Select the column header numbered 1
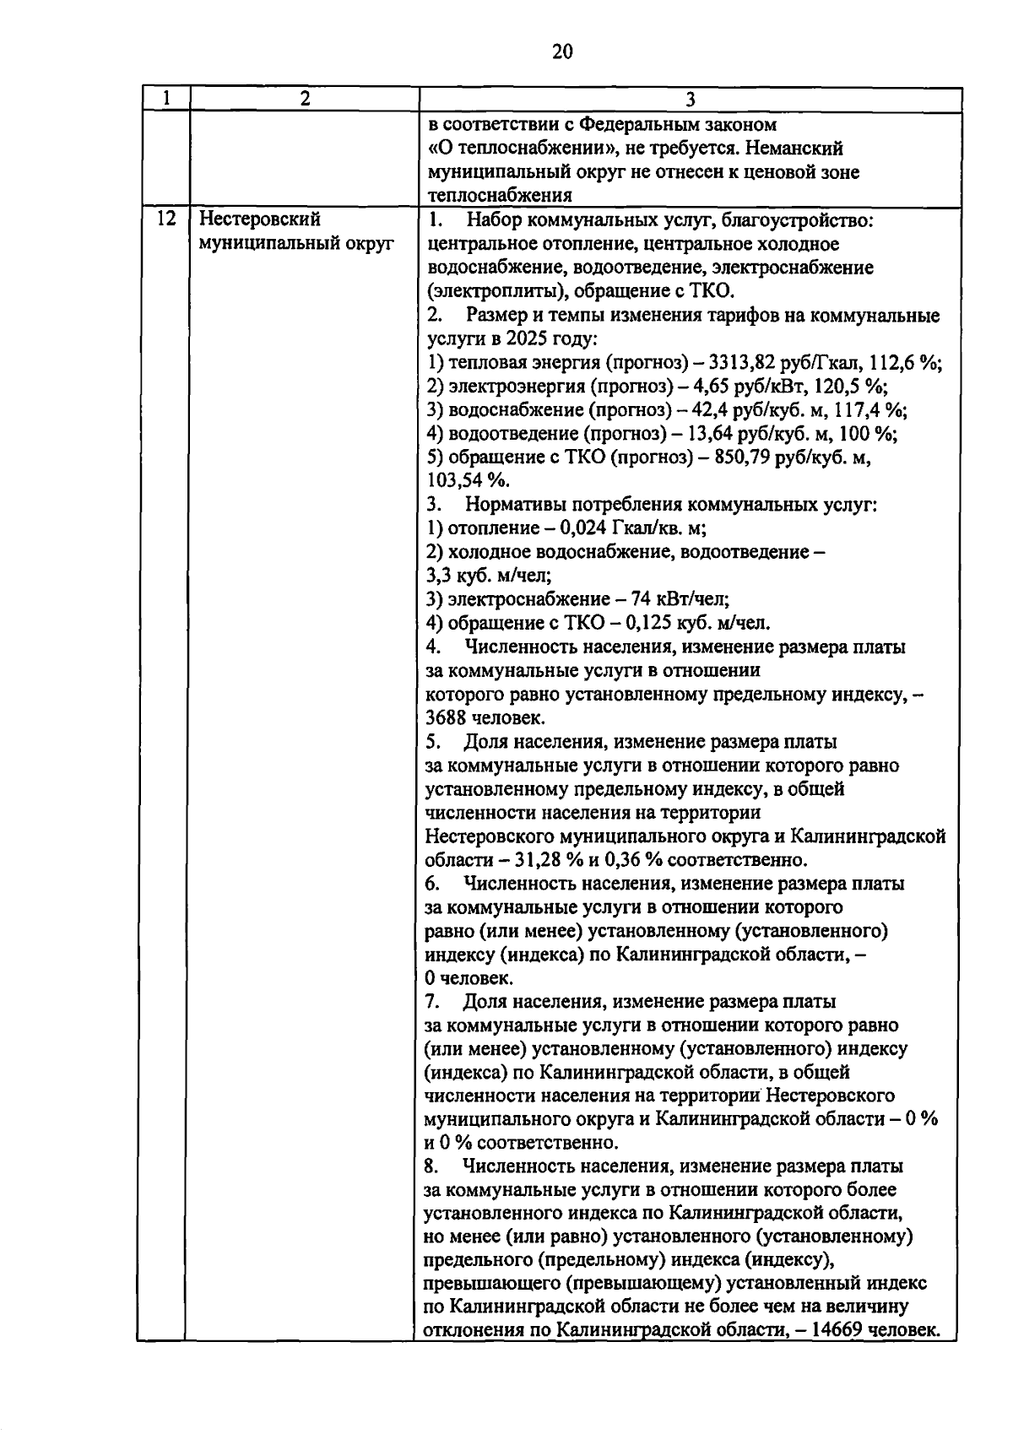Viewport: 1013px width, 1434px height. point(165,98)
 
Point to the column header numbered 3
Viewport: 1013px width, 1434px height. point(691,100)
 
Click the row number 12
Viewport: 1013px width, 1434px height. point(166,219)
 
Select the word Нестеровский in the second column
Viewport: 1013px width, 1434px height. point(260,219)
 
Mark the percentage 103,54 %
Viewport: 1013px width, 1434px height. point(467,481)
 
